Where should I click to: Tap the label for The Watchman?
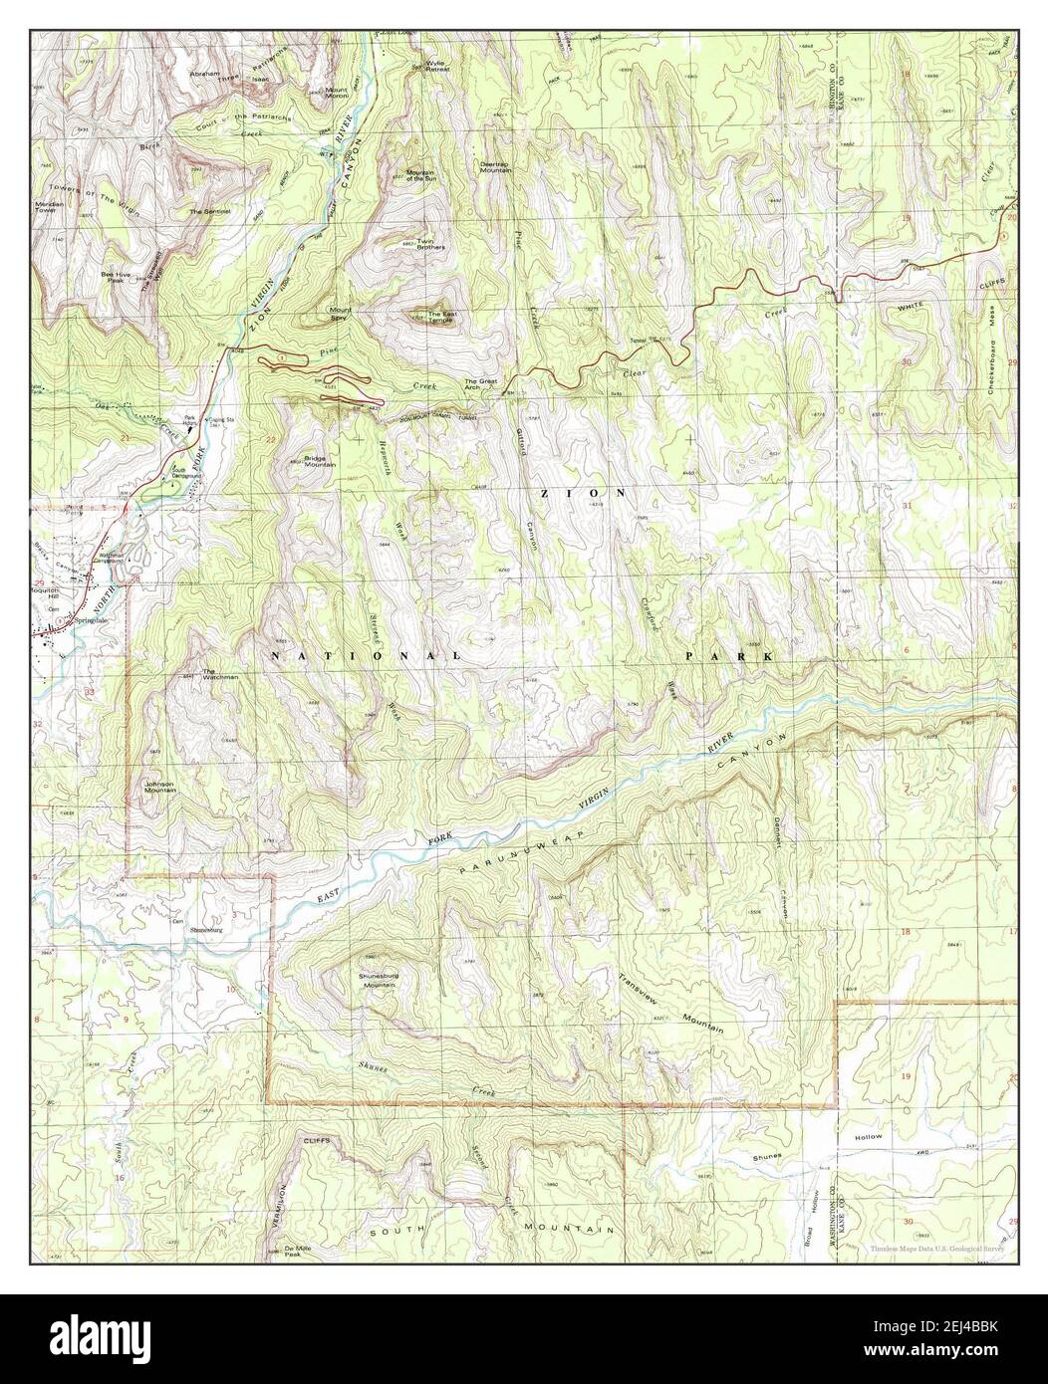221,674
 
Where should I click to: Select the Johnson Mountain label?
159,786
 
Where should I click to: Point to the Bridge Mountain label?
319,463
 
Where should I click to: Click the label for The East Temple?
442,320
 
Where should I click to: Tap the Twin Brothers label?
430,243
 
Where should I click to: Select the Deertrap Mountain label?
495,168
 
